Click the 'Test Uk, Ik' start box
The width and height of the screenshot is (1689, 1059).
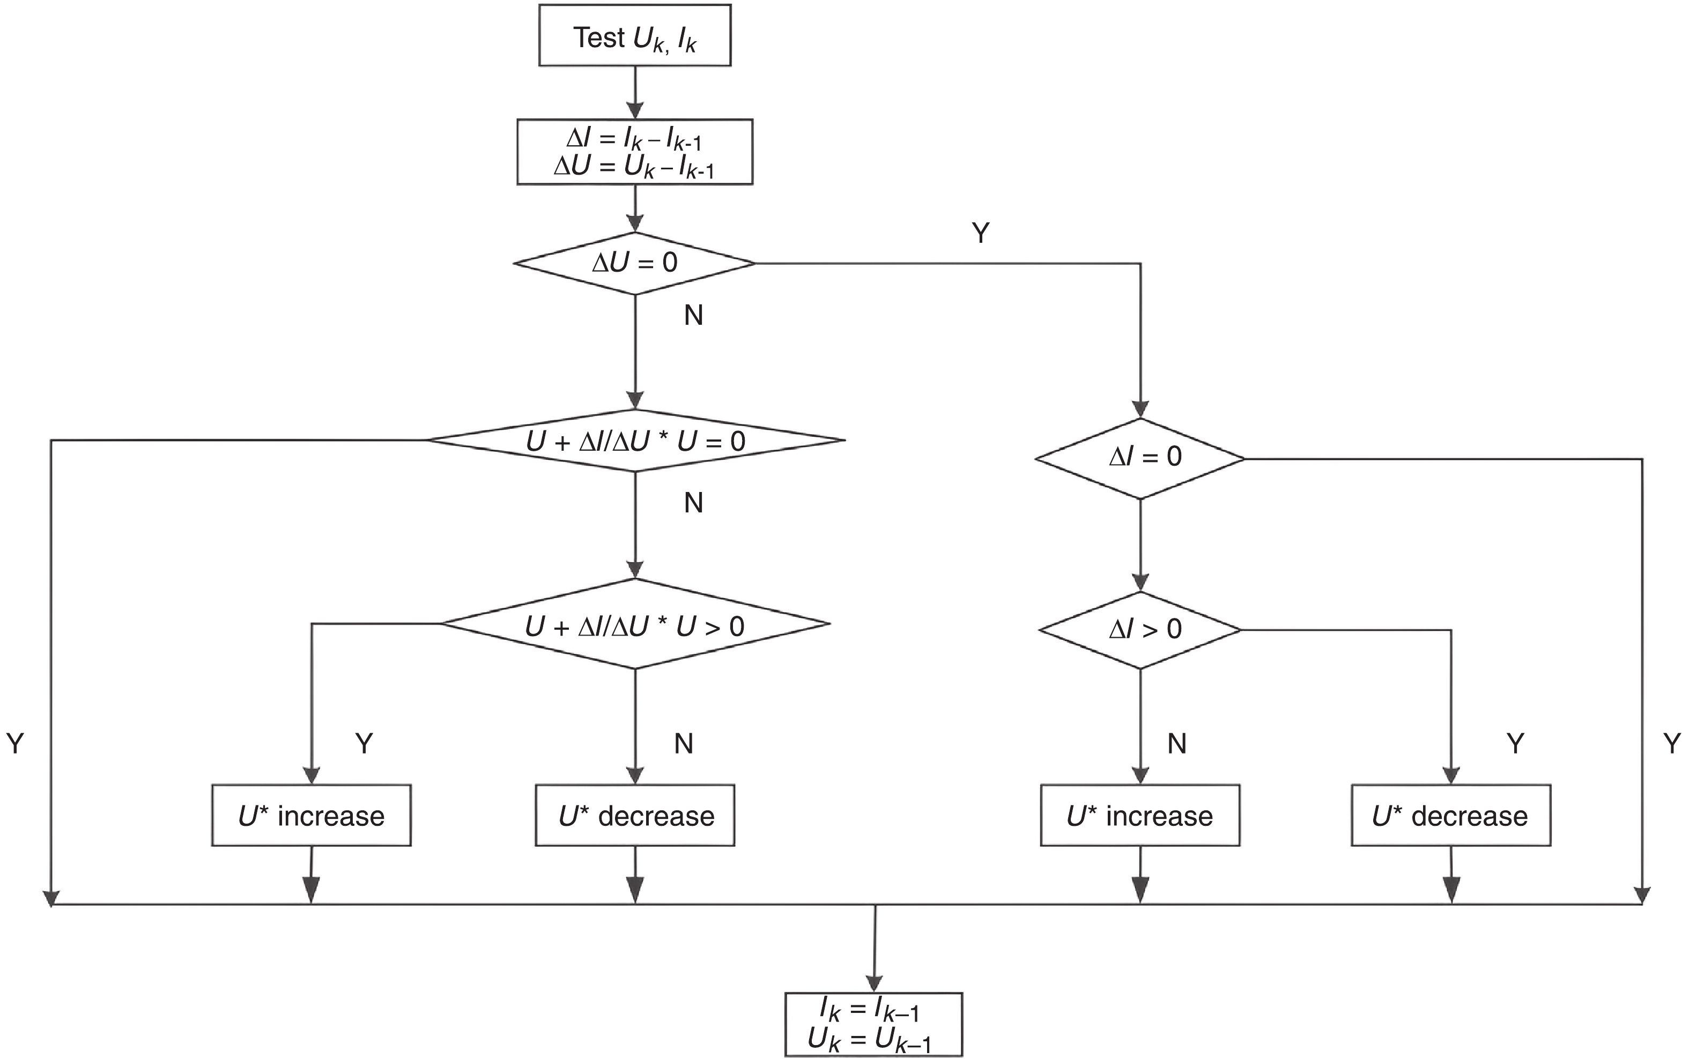[x=635, y=36]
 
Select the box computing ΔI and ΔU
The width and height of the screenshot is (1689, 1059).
[x=635, y=152]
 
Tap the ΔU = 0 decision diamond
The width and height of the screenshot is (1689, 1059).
[x=635, y=263]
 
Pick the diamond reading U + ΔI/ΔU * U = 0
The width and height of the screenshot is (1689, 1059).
[x=635, y=441]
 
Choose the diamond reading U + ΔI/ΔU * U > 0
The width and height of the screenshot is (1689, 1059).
[x=635, y=624]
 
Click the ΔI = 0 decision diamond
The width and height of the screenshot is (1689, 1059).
[x=1140, y=459]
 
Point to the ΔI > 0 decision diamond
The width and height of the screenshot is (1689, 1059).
[x=1140, y=630]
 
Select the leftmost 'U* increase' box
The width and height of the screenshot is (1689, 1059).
[x=311, y=815]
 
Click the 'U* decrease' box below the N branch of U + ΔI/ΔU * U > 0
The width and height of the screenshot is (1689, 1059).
[x=635, y=815]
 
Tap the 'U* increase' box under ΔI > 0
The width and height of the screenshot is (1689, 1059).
[x=1140, y=815]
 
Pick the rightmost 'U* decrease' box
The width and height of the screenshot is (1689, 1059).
[x=1450, y=815]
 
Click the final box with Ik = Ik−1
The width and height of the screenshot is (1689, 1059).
[x=873, y=1024]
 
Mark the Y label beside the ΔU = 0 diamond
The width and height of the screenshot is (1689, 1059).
[x=981, y=233]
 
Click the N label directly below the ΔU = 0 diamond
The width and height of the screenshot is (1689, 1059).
[x=693, y=316]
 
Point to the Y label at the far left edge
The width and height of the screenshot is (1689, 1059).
[x=16, y=743]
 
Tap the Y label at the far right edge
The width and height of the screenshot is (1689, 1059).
[x=1671, y=743]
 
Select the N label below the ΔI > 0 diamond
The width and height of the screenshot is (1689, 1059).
[x=1177, y=743]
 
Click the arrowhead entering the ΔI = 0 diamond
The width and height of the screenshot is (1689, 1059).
[x=1140, y=410]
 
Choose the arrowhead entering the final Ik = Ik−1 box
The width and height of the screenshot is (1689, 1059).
[x=873, y=983]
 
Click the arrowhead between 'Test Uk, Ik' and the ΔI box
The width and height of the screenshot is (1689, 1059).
[x=635, y=110]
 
